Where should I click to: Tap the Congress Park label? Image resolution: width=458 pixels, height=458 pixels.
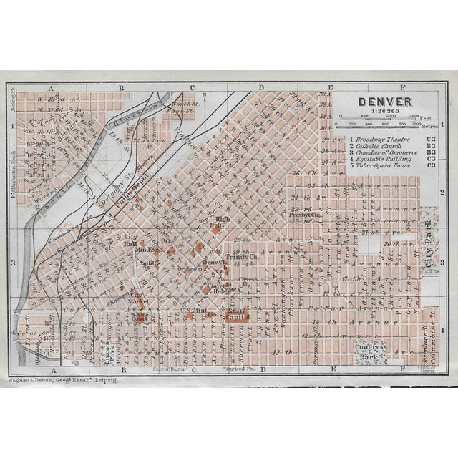pyautogui.click(x=370, y=350)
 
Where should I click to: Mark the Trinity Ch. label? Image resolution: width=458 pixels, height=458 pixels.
pyautogui.click(x=240, y=255)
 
